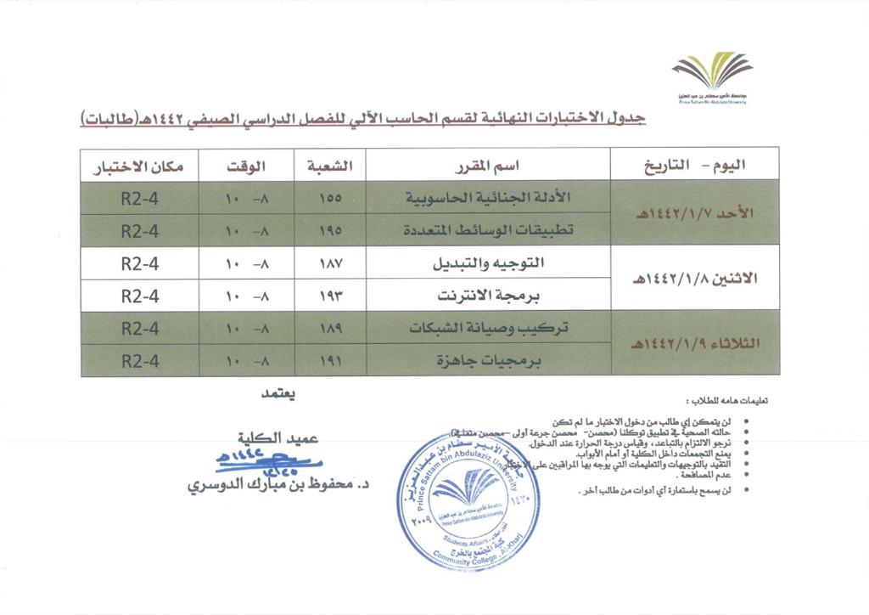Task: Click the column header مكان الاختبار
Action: point(140,165)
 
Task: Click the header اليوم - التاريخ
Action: point(695,165)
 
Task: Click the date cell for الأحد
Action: point(695,214)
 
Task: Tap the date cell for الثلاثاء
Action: point(695,344)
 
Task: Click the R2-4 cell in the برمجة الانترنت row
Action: point(140,296)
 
